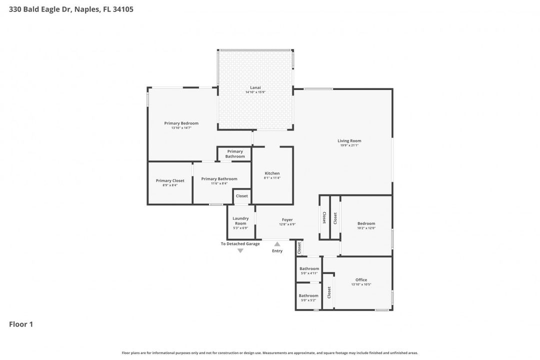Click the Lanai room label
click(x=256, y=87)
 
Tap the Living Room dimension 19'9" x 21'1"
click(x=349, y=145)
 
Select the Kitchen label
click(x=272, y=173)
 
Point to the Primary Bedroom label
click(x=181, y=123)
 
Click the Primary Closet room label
click(x=170, y=180)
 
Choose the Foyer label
click(x=287, y=219)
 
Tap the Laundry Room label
click(x=240, y=220)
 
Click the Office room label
click(x=361, y=280)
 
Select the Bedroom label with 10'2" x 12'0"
click(x=366, y=223)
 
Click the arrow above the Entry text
click(x=277, y=244)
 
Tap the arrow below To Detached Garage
click(x=240, y=250)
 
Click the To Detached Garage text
click(x=240, y=244)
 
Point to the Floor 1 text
click(x=21, y=324)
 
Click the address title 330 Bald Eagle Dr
click(x=71, y=9)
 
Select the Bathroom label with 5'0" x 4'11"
click(x=309, y=268)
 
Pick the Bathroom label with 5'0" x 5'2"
click(x=308, y=295)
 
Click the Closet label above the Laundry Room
click(x=242, y=196)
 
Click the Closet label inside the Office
click(x=329, y=292)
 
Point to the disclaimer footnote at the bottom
click(x=270, y=353)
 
